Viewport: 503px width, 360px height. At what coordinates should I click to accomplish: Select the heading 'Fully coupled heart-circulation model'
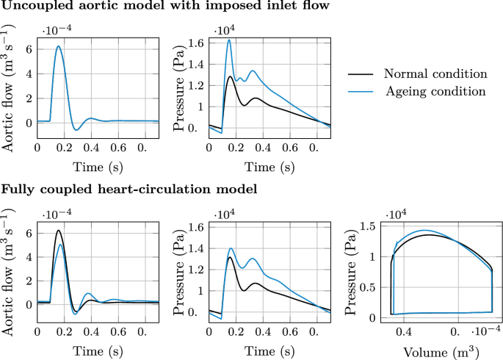point(129,188)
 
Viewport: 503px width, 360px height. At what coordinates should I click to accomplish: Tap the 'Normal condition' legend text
point(435,74)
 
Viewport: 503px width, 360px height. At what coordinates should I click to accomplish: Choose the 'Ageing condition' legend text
point(435,91)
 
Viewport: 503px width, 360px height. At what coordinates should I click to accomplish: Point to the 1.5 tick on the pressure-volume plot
point(370,228)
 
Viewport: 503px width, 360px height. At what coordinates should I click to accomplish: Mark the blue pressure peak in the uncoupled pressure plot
point(229,40)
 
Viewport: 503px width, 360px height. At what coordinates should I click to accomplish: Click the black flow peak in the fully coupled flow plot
point(58,231)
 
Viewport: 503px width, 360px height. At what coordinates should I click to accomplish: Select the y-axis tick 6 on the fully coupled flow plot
point(28,233)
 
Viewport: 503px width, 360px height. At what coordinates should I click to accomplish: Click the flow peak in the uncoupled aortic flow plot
point(58,47)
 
